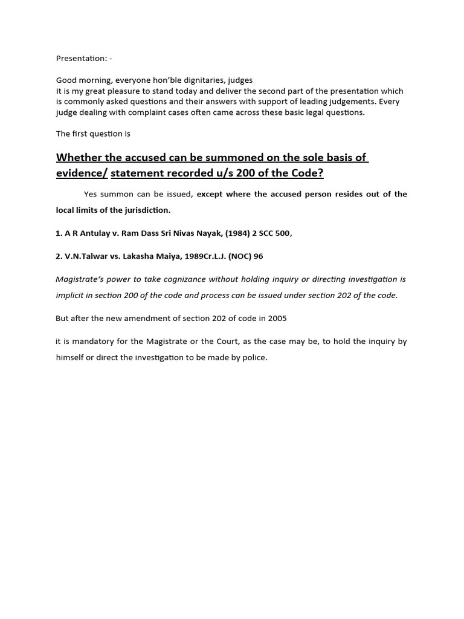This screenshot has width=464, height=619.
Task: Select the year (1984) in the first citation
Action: click(234, 234)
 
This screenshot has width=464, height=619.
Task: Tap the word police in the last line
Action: click(254, 357)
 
